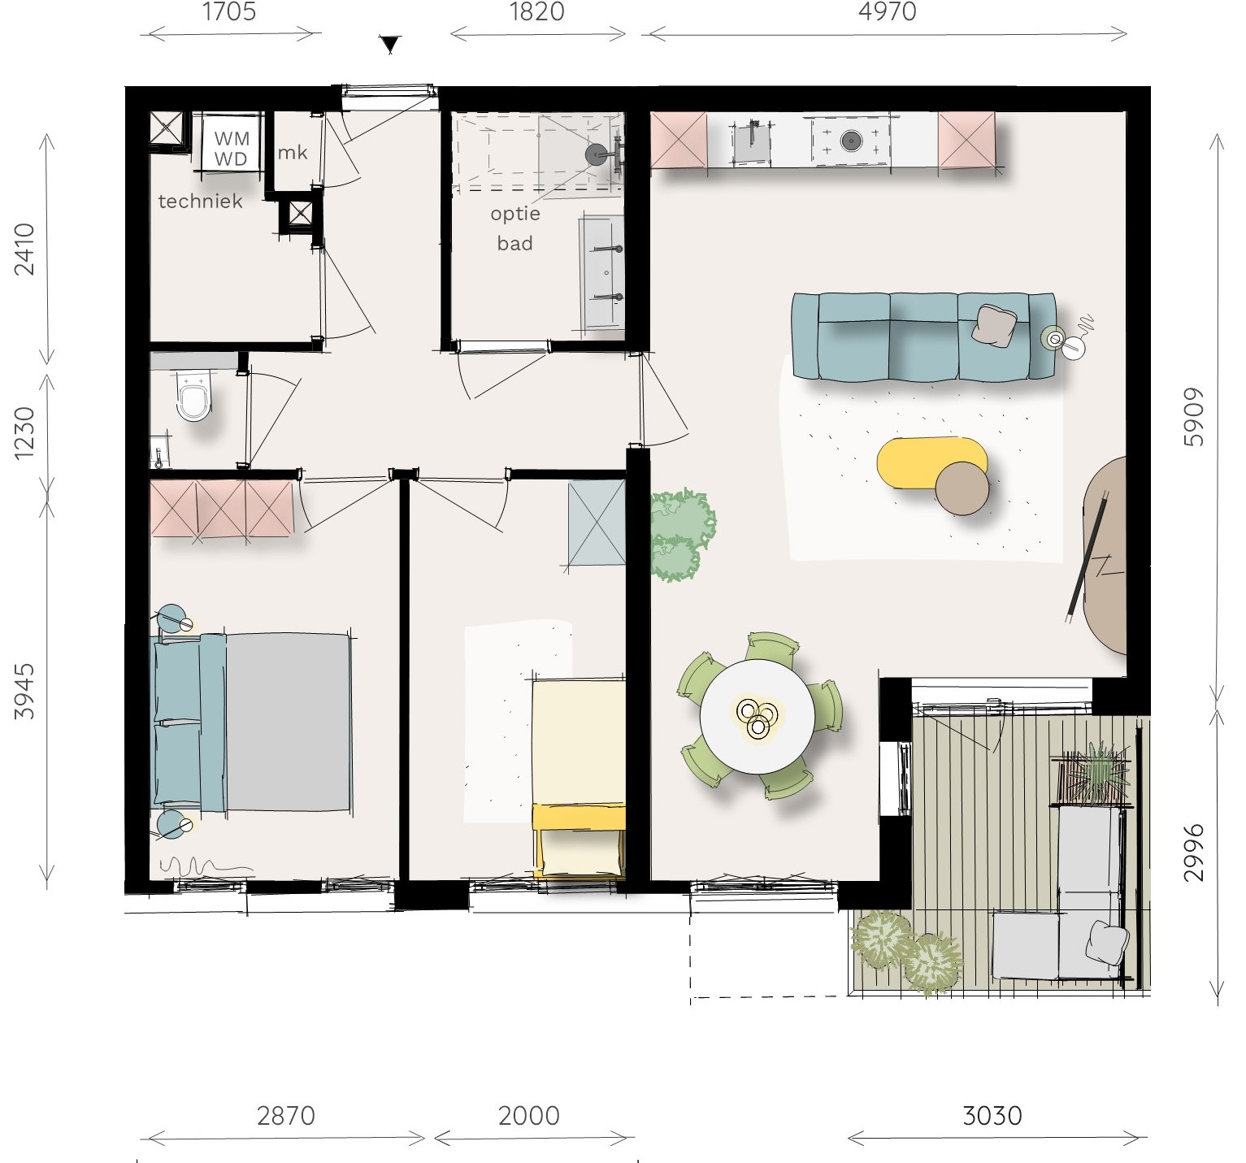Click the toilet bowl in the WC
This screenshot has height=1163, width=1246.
click(194, 398)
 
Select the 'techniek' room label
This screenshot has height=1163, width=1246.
click(200, 201)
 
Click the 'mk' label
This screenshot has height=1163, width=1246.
click(293, 152)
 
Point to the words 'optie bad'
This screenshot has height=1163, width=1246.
click(515, 228)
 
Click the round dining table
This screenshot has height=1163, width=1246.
click(757, 716)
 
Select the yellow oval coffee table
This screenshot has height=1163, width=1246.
click(931, 463)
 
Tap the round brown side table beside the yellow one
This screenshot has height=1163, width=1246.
click(962, 488)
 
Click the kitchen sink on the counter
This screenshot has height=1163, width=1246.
click(753, 141)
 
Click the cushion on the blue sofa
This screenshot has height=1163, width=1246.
click(996, 325)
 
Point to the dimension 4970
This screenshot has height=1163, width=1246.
click(888, 11)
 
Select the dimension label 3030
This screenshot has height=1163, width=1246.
click(992, 1116)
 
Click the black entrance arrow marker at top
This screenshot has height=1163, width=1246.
click(391, 45)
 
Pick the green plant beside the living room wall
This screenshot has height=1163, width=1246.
click(681, 535)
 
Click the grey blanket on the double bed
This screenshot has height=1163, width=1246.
click(288, 722)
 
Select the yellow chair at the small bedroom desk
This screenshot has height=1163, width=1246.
click(580, 841)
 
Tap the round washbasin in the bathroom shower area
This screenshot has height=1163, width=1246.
click(597, 154)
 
